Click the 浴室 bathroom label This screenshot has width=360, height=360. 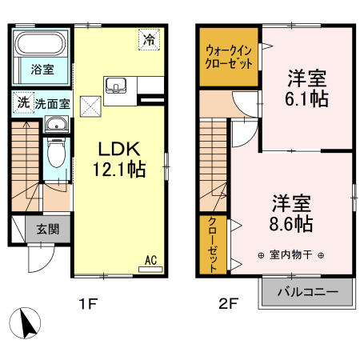coord(42,70)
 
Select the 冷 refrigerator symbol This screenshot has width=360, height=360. coord(148,38)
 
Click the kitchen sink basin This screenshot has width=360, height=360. coord(114,85)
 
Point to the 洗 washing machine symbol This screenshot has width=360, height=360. coord(23,102)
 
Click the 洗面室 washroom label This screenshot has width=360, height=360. coord(51,103)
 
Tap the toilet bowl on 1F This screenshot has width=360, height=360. coord(55,152)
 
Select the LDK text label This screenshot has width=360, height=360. coord(120,149)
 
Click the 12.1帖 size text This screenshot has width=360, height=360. coord(120,169)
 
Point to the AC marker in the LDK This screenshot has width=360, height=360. coord(150,259)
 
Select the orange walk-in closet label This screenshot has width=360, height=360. coord(229,58)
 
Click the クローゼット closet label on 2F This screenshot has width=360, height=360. coord(213,245)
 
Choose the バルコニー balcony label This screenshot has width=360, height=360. coord(306,292)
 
